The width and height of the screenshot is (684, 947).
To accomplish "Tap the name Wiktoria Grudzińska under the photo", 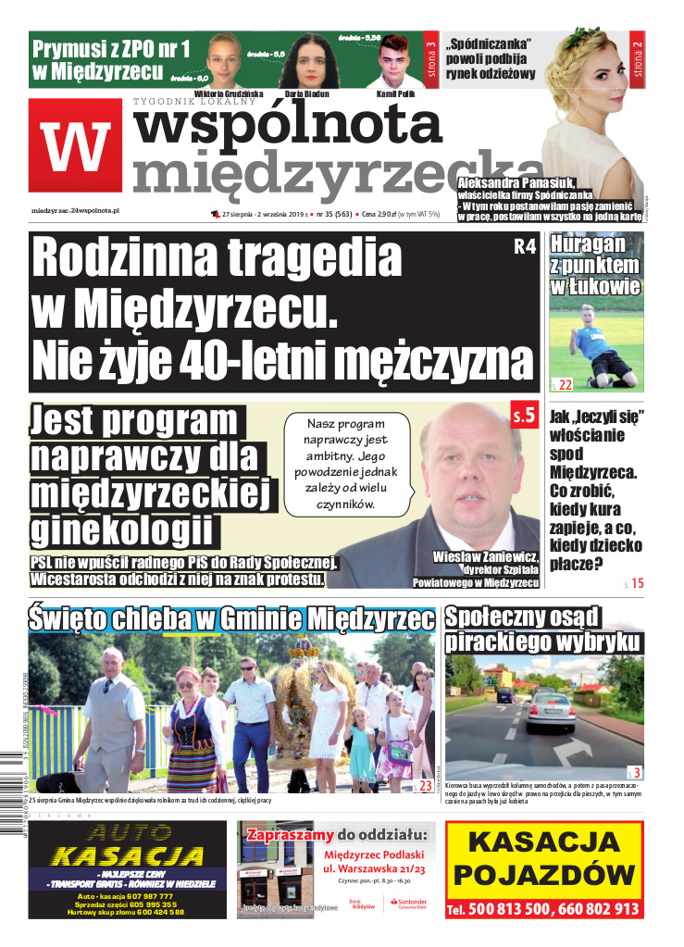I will [x=223, y=94].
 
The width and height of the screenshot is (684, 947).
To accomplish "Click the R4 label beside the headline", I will [x=524, y=248].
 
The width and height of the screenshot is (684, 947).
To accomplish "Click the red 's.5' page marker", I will [x=523, y=417].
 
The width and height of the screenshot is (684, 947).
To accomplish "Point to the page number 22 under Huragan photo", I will [x=564, y=384].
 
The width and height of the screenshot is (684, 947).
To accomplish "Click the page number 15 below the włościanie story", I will [x=636, y=583].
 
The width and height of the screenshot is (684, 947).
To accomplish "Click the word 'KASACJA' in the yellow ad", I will [x=543, y=843].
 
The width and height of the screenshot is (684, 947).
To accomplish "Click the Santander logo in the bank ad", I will [x=409, y=903].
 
